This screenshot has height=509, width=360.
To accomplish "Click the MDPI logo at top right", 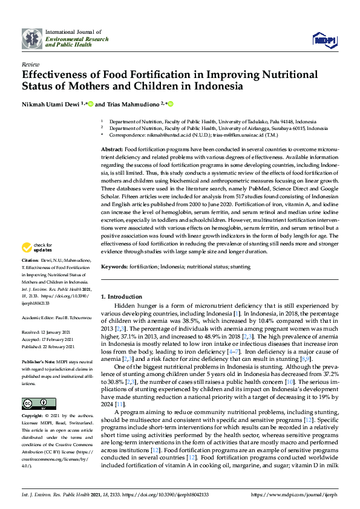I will click(324, 41).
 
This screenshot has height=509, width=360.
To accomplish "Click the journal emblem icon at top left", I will click(31, 38).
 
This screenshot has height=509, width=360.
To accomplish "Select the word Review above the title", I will click(30, 63).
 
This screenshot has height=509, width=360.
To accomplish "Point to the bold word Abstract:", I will click(111, 149).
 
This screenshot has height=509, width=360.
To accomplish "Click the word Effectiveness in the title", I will click(56, 75).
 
